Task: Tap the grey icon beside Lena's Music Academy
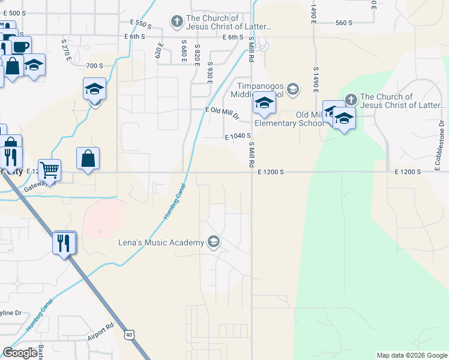[x=212, y=242]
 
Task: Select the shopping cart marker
[x=49, y=169]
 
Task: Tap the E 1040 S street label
[x=238, y=136]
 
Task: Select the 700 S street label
[x=95, y=65]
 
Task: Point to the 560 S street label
[x=343, y=23]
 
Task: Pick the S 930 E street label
[x=210, y=72]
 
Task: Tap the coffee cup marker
[x=20, y=46]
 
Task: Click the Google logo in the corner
[x=20, y=353]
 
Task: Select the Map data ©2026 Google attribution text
[x=412, y=355]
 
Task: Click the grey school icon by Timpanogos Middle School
[x=292, y=90]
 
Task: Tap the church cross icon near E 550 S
[x=176, y=22]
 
